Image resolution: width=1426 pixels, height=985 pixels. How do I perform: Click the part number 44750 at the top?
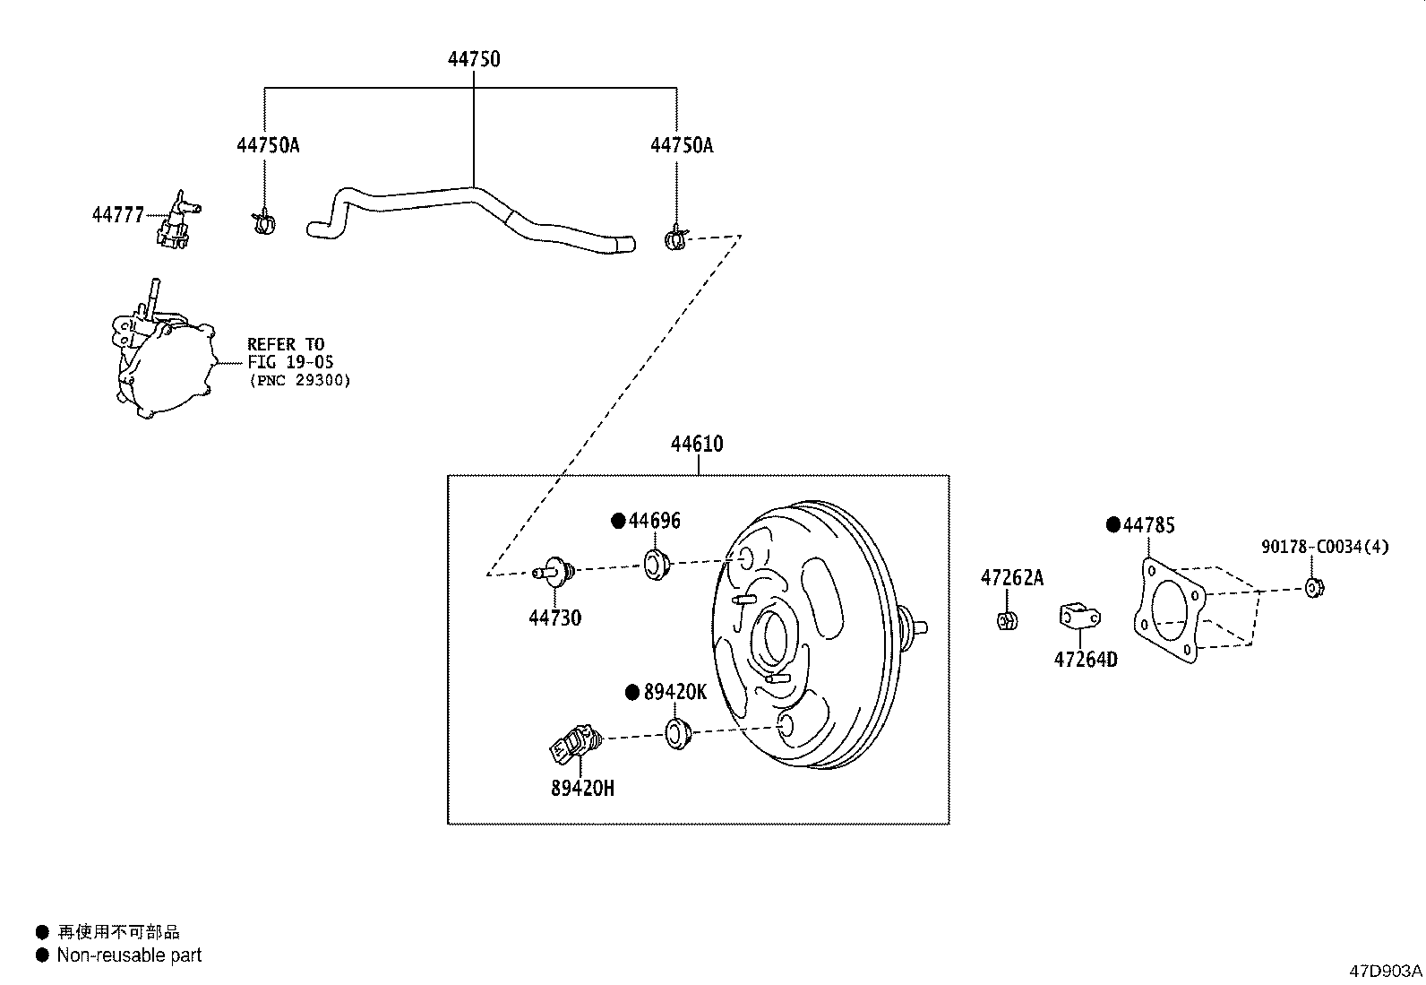tap(474, 58)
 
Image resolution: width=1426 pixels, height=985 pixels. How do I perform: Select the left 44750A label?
tap(268, 145)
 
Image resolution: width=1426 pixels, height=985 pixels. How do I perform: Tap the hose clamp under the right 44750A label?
tap(675, 238)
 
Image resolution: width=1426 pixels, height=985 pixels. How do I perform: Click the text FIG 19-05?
tap(290, 362)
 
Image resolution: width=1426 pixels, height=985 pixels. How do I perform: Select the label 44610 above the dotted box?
tap(697, 444)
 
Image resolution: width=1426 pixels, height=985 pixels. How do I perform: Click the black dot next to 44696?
tap(618, 521)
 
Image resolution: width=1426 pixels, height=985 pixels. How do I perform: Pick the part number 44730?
tap(555, 618)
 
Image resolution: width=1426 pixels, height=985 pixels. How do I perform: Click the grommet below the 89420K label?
tap(678, 733)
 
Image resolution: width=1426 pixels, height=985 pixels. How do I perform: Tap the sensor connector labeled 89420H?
tap(575, 744)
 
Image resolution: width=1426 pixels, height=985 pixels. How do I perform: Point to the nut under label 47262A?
tap(1007, 620)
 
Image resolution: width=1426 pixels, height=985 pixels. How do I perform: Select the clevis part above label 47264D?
tap(1079, 616)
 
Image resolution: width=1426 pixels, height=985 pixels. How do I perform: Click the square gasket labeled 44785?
tap(1170, 610)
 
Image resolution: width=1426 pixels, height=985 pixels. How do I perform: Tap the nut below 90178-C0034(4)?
tap(1315, 587)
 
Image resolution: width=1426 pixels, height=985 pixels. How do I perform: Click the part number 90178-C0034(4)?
tap(1325, 546)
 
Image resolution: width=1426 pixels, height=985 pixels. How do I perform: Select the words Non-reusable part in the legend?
tap(129, 955)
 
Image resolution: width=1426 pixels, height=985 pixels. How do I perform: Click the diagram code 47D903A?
tap(1386, 971)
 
